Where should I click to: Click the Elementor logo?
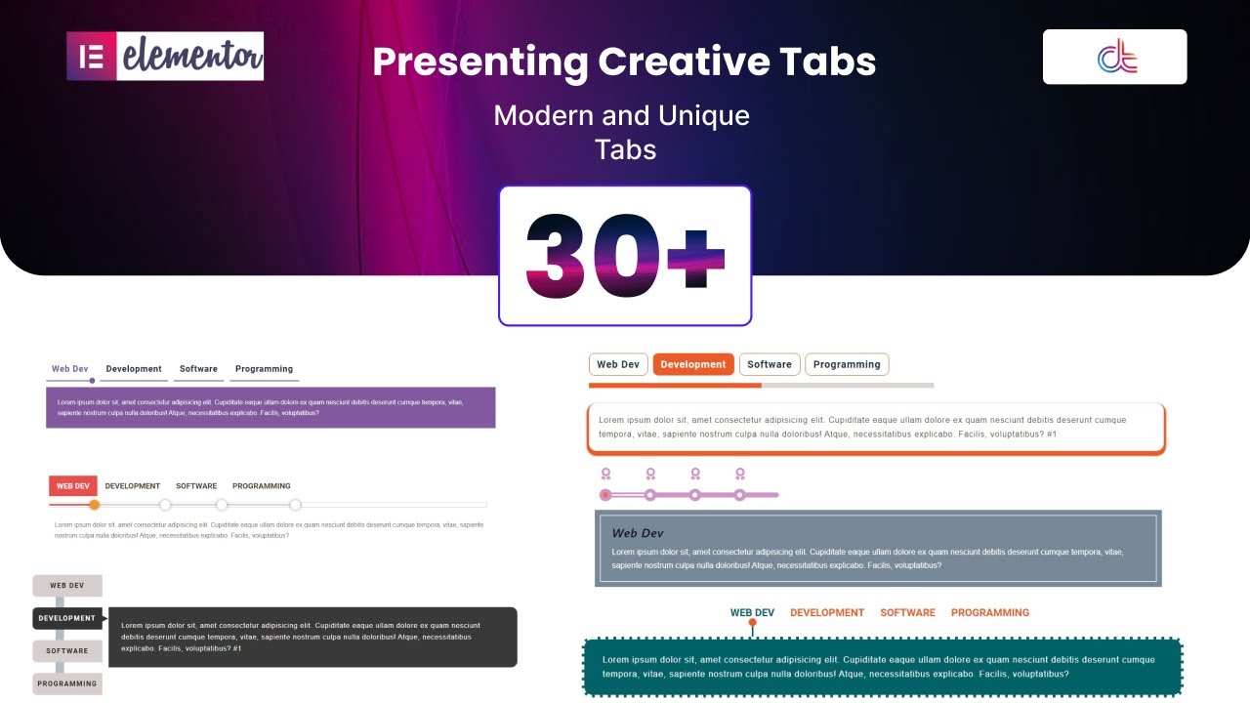[x=165, y=57]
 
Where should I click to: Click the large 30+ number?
[x=625, y=256]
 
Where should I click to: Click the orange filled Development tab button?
[x=692, y=364]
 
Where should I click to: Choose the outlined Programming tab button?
[x=847, y=364]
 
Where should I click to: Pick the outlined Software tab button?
[x=770, y=364]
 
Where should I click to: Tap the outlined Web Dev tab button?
[x=618, y=364]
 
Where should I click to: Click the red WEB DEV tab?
[x=73, y=486]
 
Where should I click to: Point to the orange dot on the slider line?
[x=95, y=505]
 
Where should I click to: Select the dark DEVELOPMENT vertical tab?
[x=67, y=618]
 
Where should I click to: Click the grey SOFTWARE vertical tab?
[x=67, y=651]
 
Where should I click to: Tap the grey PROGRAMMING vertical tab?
[x=67, y=683]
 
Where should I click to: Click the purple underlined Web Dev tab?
[x=70, y=369]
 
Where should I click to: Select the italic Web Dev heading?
[x=638, y=533]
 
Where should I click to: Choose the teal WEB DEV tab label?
[x=752, y=613]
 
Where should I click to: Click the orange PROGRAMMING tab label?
[x=990, y=613]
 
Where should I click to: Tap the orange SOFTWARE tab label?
[x=907, y=613]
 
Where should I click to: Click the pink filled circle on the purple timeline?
[x=605, y=495]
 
